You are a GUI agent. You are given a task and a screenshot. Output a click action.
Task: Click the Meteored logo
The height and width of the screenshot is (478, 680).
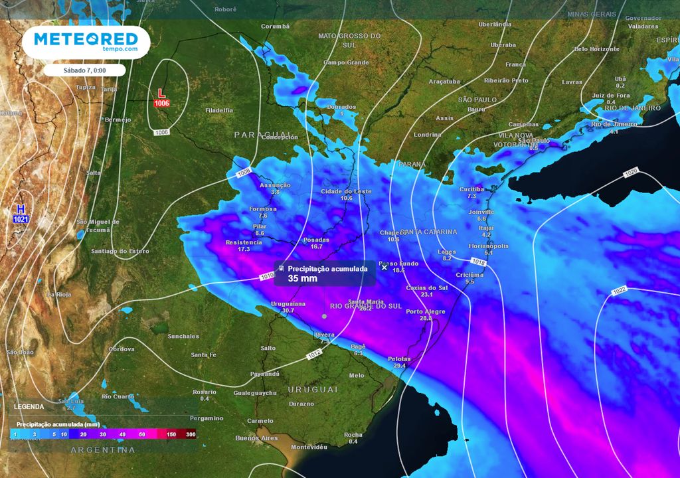(x=86, y=41)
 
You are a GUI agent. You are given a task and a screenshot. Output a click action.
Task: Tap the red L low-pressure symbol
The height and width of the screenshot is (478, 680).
(x=161, y=94)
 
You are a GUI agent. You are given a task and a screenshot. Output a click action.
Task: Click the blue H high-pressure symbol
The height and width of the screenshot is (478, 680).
(x=20, y=209)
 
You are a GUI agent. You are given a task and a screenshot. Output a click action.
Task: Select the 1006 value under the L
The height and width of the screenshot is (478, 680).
(x=161, y=104)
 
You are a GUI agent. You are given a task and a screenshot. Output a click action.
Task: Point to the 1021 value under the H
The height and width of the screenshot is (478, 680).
(x=20, y=218)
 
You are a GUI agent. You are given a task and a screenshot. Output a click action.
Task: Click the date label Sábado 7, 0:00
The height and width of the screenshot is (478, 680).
(x=85, y=70)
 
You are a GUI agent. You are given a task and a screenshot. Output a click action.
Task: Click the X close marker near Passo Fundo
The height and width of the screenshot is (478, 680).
(x=384, y=268)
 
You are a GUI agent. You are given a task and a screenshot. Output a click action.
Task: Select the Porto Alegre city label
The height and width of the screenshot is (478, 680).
(x=425, y=311)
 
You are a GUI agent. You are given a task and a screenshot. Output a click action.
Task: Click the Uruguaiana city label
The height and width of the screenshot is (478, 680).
(x=288, y=303)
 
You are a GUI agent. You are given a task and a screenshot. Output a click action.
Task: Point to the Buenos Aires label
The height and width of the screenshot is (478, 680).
(x=256, y=438)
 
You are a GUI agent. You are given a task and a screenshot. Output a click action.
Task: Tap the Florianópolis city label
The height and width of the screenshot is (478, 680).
(x=488, y=246)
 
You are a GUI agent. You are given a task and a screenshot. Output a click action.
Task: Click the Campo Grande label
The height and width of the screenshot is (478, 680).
(x=346, y=62)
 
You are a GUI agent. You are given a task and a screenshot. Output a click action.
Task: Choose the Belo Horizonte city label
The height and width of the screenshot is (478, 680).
(x=596, y=49)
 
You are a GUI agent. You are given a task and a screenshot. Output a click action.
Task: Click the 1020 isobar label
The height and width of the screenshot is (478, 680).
(x=632, y=174)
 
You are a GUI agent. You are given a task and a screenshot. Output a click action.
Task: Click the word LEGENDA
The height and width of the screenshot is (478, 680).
(x=30, y=406)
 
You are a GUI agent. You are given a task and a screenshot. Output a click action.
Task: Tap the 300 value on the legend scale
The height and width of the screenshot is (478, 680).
(x=191, y=434)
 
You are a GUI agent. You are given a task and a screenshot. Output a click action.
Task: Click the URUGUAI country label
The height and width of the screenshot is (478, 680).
(x=313, y=389)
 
